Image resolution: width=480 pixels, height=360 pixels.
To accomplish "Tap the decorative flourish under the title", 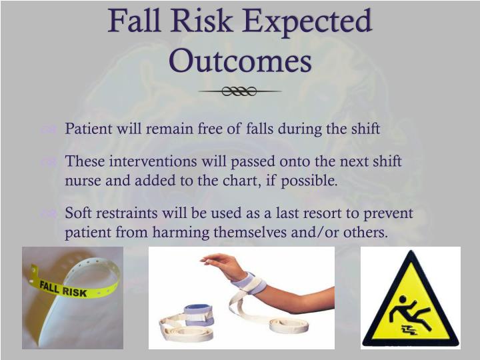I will pyautogui.click(x=240, y=91).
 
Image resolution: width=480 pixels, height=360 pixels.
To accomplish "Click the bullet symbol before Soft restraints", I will pyautogui.click(x=47, y=215).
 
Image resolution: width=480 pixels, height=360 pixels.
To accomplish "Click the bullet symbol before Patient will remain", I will pyautogui.click(x=47, y=130).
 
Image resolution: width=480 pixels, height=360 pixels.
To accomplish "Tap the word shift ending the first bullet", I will pyautogui.click(x=365, y=129).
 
